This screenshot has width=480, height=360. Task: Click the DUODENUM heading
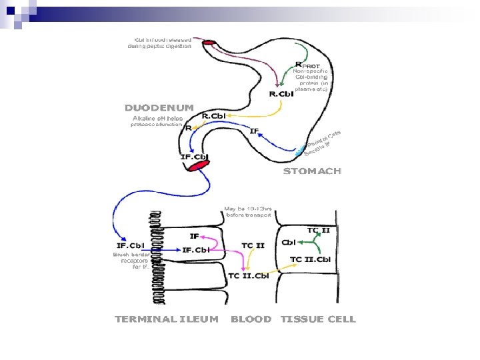click(x=159, y=107)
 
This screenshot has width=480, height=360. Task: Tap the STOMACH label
click(x=312, y=171)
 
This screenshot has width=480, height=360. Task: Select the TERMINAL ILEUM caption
click(x=167, y=319)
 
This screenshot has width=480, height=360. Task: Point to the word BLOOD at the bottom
click(x=251, y=319)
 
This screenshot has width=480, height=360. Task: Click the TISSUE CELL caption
click(x=318, y=319)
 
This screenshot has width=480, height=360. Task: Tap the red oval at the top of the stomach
click(x=209, y=43)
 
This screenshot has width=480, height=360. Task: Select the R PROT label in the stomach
click(x=307, y=65)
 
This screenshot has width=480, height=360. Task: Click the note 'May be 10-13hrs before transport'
click(x=248, y=211)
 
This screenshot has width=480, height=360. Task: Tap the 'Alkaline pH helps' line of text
click(x=153, y=119)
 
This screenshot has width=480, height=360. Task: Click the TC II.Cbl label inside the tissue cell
click(x=311, y=259)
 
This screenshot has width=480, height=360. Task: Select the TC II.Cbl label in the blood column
click(x=248, y=275)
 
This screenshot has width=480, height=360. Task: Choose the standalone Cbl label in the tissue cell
click(x=289, y=243)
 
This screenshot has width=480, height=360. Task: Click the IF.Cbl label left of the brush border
click(x=131, y=245)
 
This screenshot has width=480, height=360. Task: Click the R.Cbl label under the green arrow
click(x=281, y=94)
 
